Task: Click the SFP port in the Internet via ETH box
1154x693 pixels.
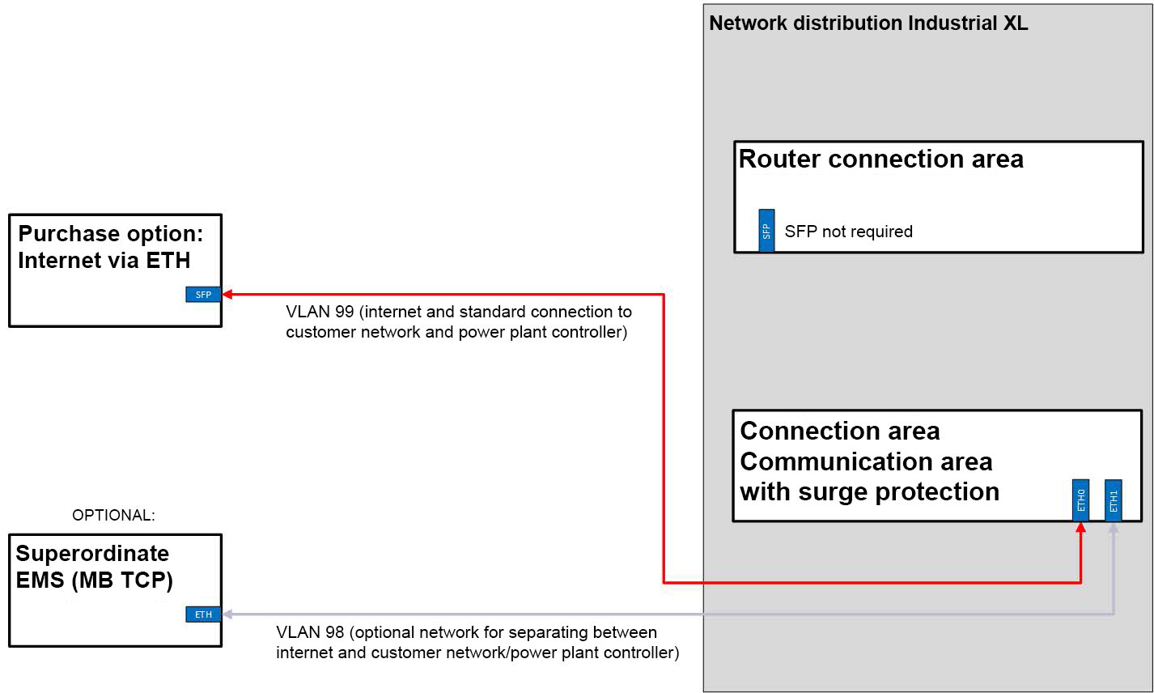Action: coord(203,295)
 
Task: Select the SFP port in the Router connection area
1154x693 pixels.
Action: coord(766,231)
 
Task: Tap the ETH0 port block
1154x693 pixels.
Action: coord(1080,500)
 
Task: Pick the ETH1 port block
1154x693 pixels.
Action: coord(1114,500)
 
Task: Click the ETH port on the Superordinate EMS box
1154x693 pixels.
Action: coord(203,614)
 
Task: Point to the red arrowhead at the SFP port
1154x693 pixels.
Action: coord(227,295)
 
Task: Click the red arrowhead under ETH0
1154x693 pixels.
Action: coord(1080,527)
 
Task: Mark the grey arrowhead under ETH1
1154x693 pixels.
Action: coord(1114,527)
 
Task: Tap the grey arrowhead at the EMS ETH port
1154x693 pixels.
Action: coord(227,614)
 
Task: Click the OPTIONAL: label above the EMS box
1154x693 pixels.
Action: coord(113,515)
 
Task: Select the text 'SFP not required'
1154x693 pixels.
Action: coord(848,232)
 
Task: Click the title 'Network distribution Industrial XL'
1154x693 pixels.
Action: coord(868,23)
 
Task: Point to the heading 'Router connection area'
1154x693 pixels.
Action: coord(881,159)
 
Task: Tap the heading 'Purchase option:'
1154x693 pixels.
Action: coord(110,234)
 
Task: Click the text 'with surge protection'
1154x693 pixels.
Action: coord(869,491)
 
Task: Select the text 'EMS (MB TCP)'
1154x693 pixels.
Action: coord(94,580)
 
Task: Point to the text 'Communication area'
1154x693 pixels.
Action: coord(866,461)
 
